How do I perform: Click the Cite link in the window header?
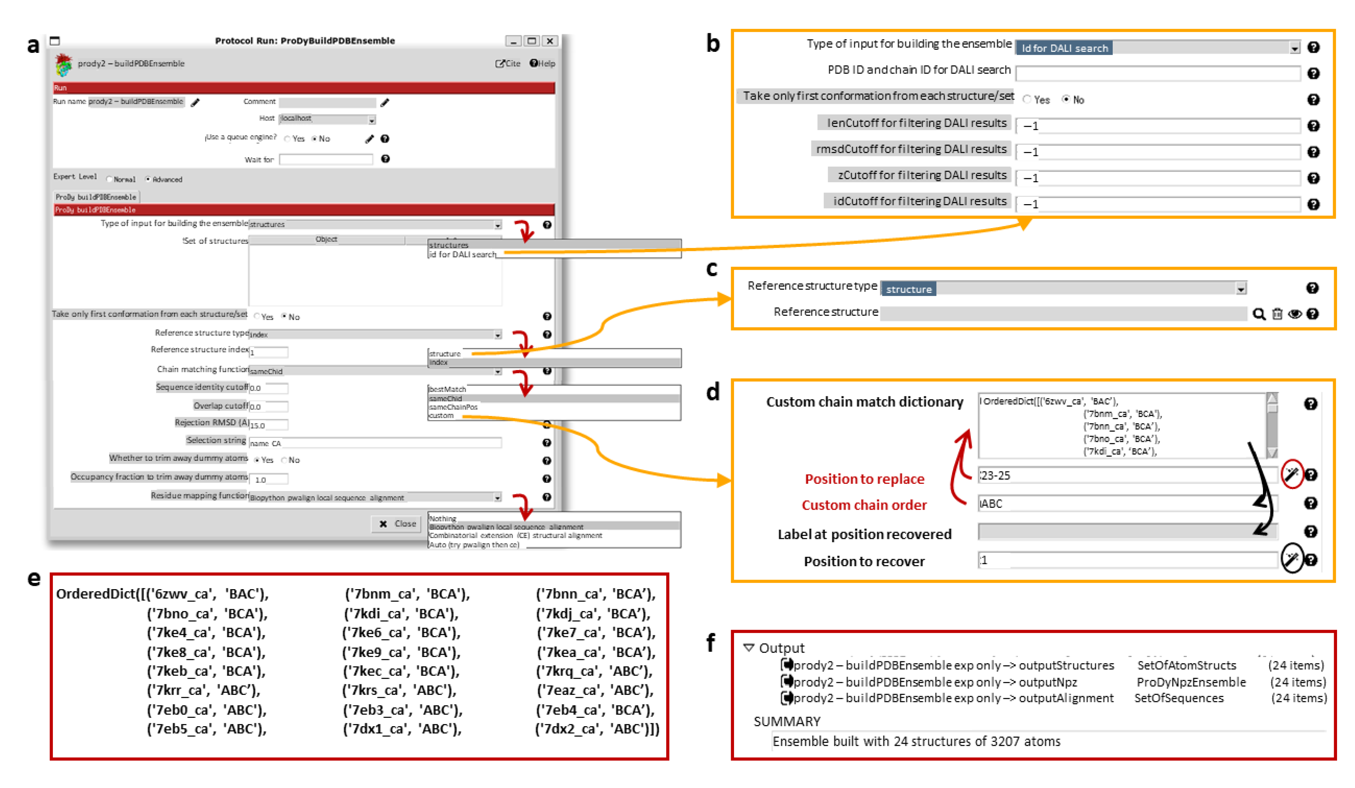[x=508, y=64]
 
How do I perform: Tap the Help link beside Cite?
[x=543, y=64]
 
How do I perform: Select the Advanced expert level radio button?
[x=148, y=180]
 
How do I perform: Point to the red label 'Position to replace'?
[x=864, y=479]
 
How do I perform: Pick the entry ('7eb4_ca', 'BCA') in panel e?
[x=595, y=710]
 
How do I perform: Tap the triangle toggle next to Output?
[x=748, y=648]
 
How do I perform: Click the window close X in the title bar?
[x=550, y=41]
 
